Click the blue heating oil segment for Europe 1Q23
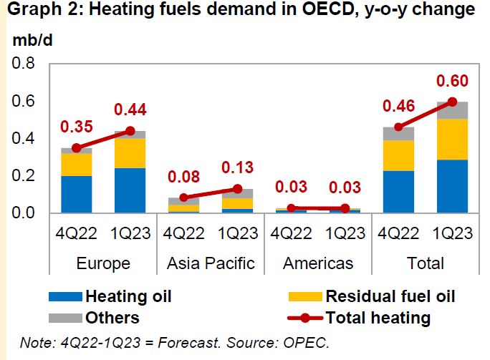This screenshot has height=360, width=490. pos(130,190)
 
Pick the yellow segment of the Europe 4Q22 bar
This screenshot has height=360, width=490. pos(76,165)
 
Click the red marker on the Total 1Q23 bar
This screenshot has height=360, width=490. pos(451,102)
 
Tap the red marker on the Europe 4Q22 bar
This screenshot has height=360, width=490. pos(76,147)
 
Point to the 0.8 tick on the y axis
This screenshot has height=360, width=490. pos(24,64)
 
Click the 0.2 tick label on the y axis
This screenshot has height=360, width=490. pos(24,176)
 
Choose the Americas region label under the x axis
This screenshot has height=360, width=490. pos(318,263)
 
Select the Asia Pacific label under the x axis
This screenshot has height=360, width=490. pos(211,263)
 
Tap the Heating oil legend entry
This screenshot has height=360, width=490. pos(128,296)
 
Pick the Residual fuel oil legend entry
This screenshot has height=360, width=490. pos(390,296)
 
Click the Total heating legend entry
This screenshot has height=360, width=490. pos(378,317)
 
